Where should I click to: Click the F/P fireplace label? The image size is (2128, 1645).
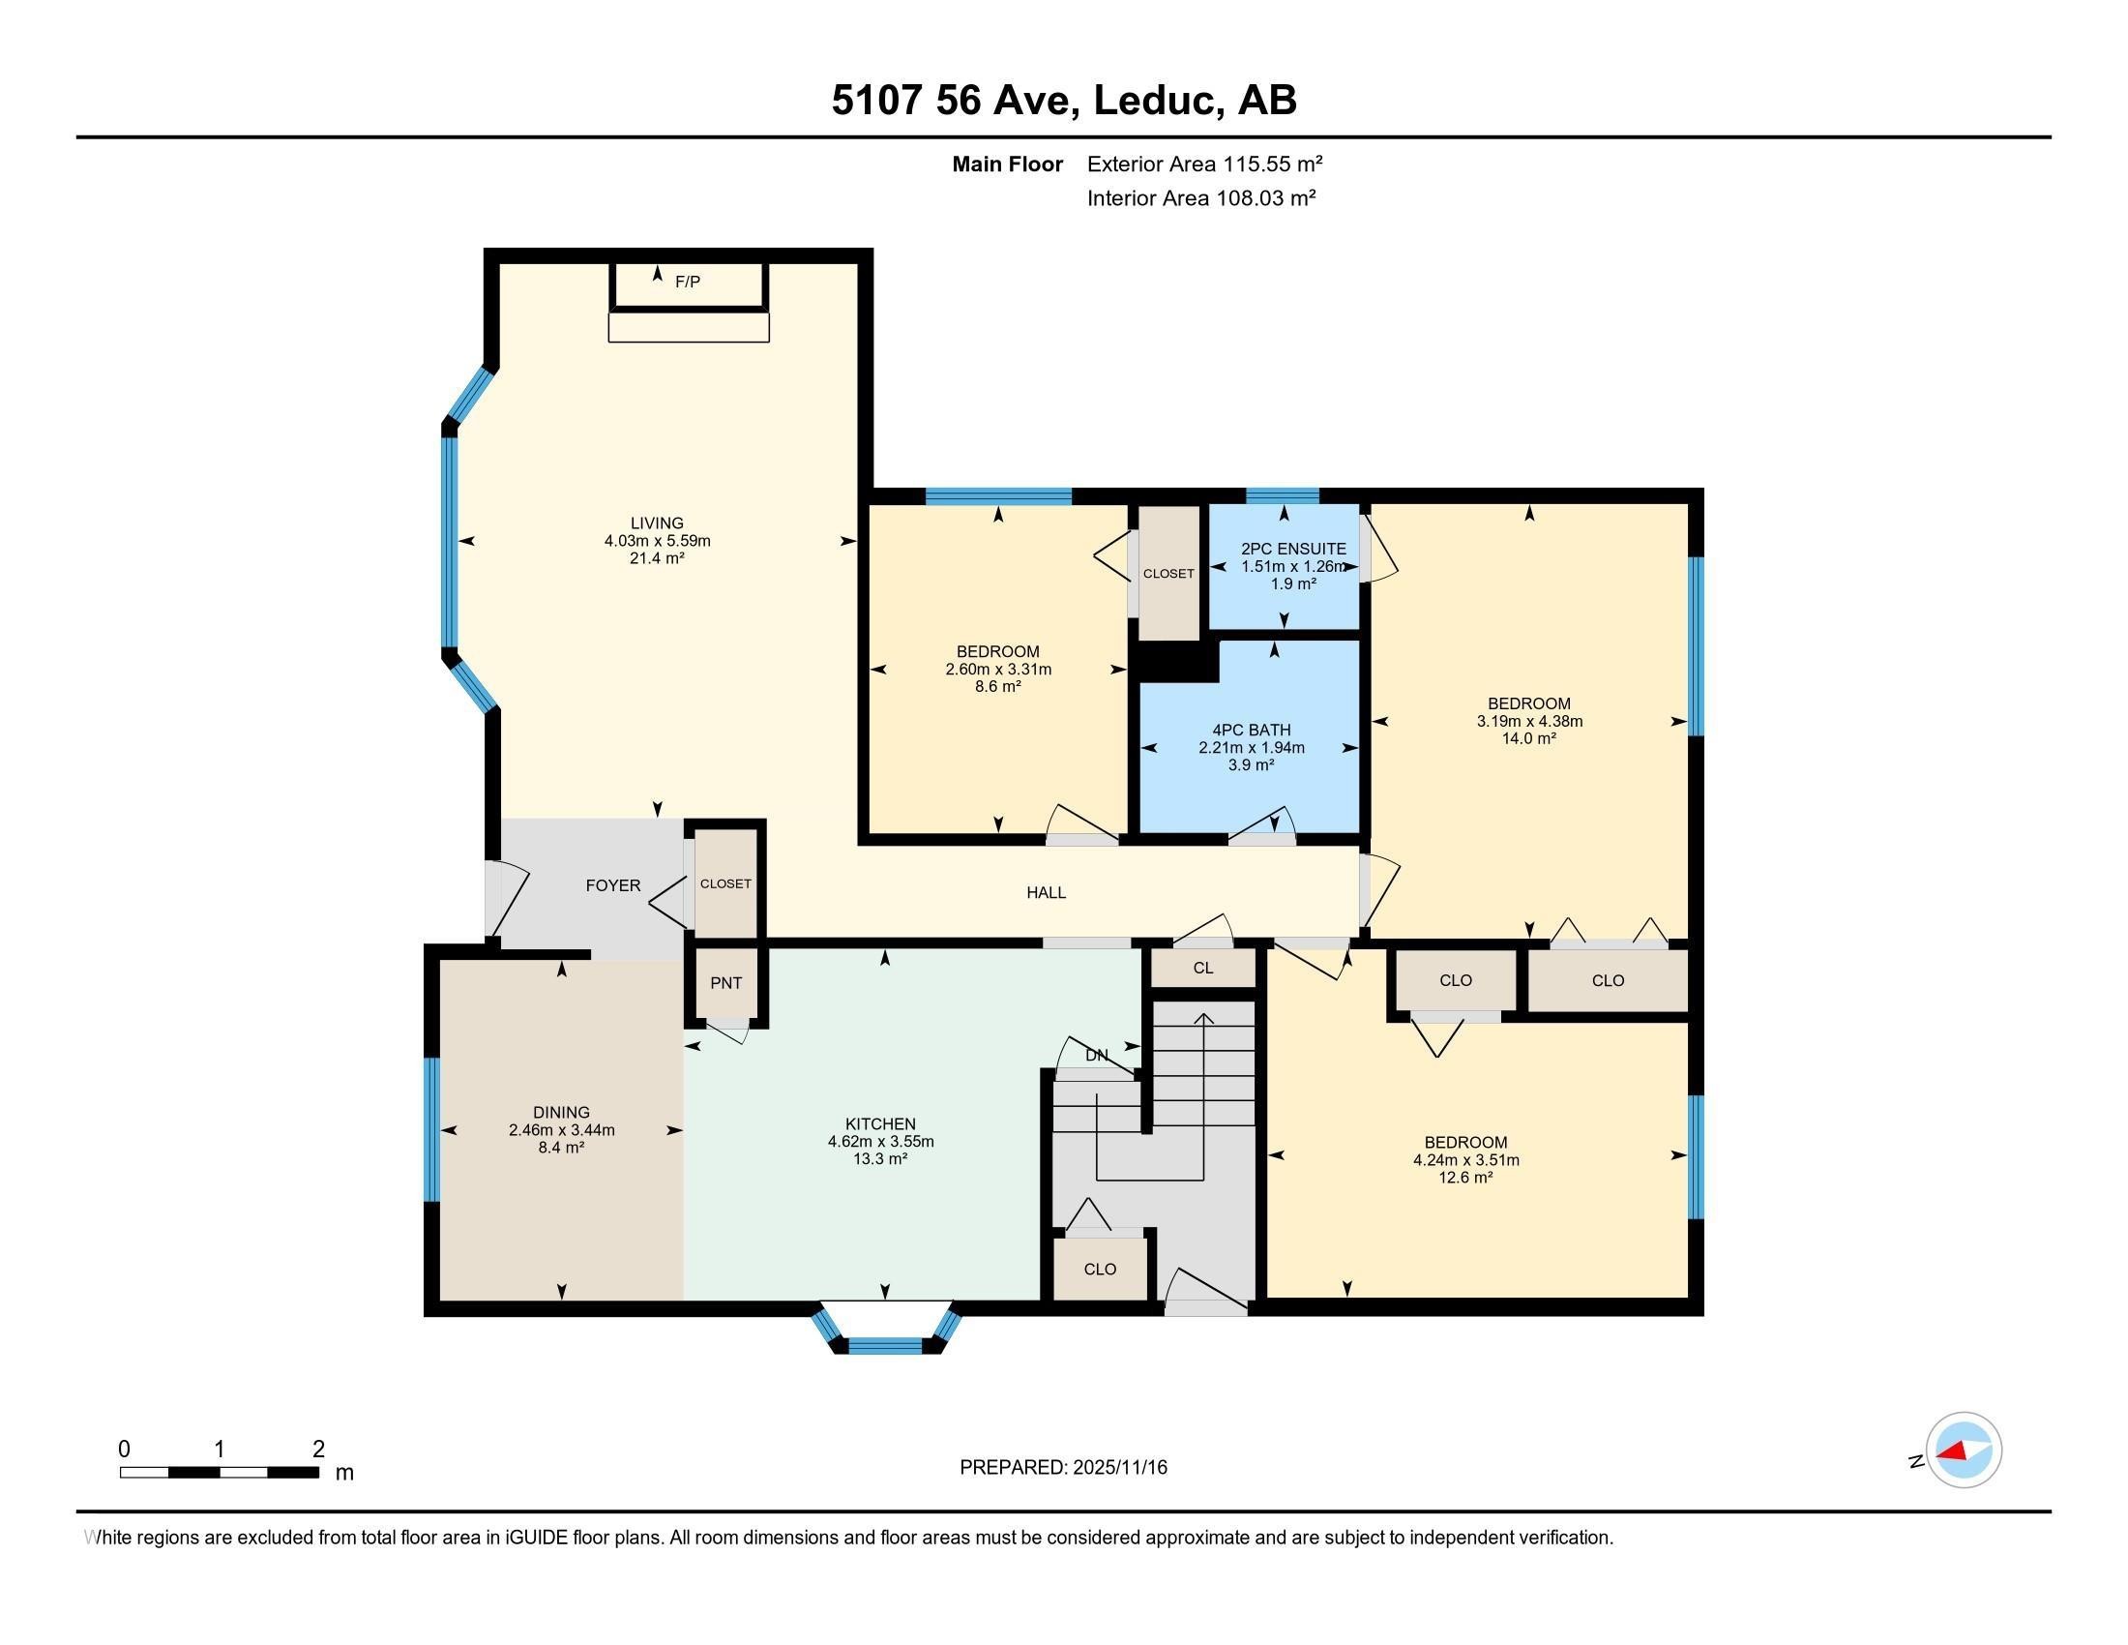point(688,282)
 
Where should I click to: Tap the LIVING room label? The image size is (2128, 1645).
point(657,523)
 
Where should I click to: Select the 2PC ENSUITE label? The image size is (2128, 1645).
point(1293,549)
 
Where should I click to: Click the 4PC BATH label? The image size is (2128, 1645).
point(1251,730)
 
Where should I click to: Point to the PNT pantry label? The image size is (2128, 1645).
point(725,983)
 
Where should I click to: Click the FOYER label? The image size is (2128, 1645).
point(613,885)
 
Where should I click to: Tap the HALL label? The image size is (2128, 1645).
point(1047,893)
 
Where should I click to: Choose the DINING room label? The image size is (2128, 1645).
point(561,1113)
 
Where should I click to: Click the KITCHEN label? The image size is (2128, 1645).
point(881,1124)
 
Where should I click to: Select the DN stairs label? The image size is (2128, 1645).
point(1097,1056)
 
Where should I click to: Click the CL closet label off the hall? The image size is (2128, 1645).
point(1203,969)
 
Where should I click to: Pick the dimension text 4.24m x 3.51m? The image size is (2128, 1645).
point(1466,1160)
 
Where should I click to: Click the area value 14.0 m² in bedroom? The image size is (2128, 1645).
point(1528,738)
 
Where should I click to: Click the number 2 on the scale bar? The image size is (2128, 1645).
point(318,1450)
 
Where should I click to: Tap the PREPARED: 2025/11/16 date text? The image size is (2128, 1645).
point(1063,1468)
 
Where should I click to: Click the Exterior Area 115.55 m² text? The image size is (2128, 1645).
point(1204,164)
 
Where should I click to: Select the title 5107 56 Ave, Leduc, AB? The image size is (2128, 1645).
point(1064,101)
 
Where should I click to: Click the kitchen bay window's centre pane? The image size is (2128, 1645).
point(885,1346)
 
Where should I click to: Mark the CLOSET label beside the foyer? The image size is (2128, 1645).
point(725,883)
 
